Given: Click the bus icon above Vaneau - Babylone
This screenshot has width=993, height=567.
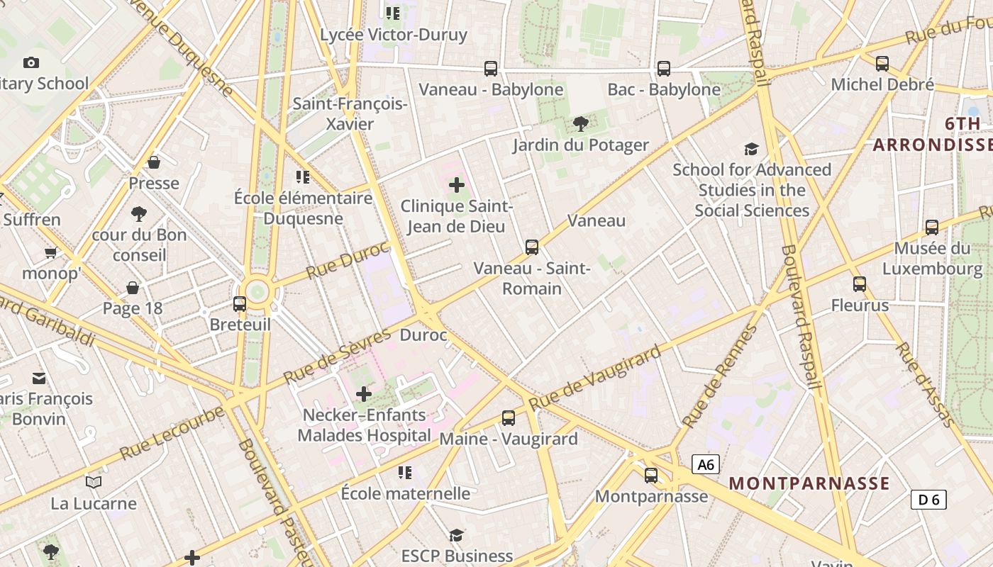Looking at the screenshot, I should pos(491,69).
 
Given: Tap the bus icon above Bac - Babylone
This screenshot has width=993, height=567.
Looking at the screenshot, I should pos(664,69).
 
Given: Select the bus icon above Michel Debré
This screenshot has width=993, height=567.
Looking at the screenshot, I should pos(882,64).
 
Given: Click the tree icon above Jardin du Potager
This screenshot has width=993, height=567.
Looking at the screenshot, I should pos(580,125).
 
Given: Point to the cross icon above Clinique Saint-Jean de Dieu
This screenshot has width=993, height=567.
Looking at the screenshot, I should pos(457,186).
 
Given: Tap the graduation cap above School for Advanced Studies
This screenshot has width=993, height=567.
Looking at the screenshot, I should pos(752,149).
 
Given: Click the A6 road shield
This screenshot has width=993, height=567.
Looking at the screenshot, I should pos(706,465).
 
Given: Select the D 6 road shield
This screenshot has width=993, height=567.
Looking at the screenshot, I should pos(928,500).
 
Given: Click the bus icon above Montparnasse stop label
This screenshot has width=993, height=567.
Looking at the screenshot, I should pos(651,476).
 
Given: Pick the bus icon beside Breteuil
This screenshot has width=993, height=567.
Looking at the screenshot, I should pos(240,304).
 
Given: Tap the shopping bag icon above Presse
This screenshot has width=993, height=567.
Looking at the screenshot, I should pos(154,163).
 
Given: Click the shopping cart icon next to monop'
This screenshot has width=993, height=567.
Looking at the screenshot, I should pos(50,253).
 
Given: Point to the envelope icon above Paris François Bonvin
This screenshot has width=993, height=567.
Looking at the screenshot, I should pos(39,378).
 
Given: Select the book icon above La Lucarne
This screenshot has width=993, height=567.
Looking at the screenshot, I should pos(94,483).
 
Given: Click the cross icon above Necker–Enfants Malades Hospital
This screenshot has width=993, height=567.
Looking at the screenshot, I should pos(364,394).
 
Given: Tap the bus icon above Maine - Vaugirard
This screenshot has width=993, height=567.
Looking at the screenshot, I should pos(509,418).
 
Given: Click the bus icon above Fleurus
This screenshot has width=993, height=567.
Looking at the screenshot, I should pos(860,284).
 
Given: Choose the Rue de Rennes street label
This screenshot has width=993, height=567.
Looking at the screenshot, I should pos(720,376).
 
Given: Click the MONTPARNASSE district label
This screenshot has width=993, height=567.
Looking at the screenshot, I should pos(809,483).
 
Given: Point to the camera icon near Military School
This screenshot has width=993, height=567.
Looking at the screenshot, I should pos(31,62).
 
